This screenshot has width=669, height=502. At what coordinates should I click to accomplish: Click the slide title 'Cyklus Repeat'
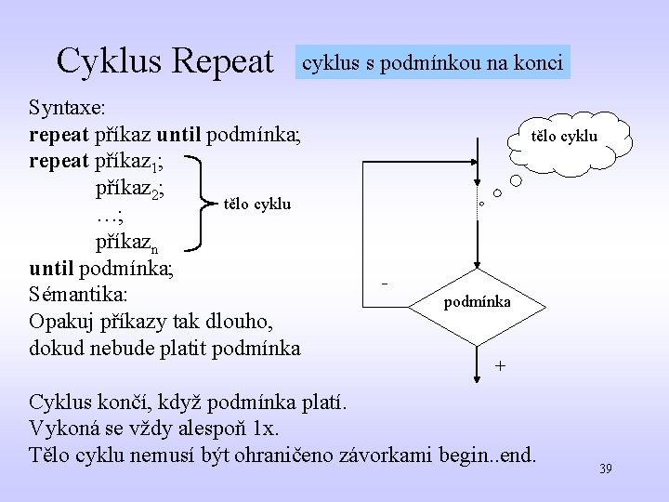(165, 61)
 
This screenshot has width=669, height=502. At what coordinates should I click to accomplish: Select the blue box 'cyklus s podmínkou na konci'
(432, 63)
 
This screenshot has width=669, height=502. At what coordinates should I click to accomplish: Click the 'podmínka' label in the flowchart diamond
(477, 302)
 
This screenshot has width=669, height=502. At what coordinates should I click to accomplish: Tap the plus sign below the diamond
(501, 366)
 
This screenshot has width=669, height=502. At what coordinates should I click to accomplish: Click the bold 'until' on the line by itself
(52, 270)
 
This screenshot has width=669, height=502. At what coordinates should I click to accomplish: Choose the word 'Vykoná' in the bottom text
(65, 429)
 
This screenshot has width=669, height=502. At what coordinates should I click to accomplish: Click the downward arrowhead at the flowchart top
(476, 186)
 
